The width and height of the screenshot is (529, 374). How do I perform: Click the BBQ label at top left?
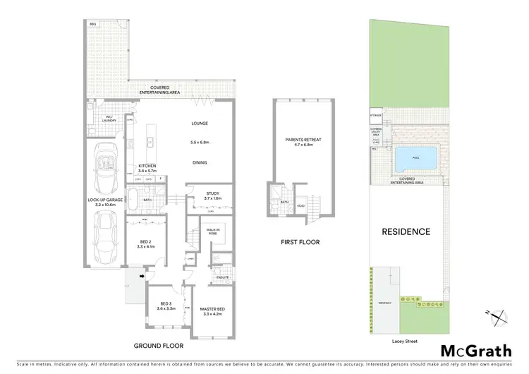(x=92, y=24)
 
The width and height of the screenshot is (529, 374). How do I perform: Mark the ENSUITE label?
(x=221, y=278)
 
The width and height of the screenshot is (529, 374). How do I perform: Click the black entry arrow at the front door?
(x=142, y=276)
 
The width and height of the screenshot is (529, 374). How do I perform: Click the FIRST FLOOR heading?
(x=300, y=242)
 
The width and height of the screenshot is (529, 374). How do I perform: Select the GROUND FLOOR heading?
(x=159, y=346)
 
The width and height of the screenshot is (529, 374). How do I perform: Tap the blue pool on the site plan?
(x=416, y=159)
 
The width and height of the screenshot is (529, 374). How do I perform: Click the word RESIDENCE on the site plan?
(x=407, y=231)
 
